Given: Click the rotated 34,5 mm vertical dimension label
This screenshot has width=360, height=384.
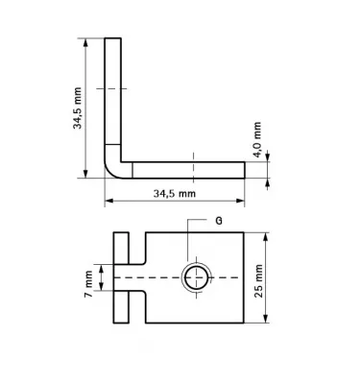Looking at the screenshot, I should (77, 108).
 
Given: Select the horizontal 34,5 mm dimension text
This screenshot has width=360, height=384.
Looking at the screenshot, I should (174, 194).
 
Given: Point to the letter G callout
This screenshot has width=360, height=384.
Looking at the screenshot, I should (220, 220).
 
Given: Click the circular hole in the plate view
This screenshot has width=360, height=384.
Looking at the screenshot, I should (195, 277).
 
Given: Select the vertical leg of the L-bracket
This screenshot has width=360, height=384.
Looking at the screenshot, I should (113, 96).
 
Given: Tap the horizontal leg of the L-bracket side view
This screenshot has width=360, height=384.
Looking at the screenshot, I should (192, 169).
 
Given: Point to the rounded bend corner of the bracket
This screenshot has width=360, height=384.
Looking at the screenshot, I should (111, 170).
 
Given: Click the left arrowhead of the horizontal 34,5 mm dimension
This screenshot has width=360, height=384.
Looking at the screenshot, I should (108, 201).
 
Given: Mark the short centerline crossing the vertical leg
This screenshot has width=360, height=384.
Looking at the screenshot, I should (113, 88).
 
